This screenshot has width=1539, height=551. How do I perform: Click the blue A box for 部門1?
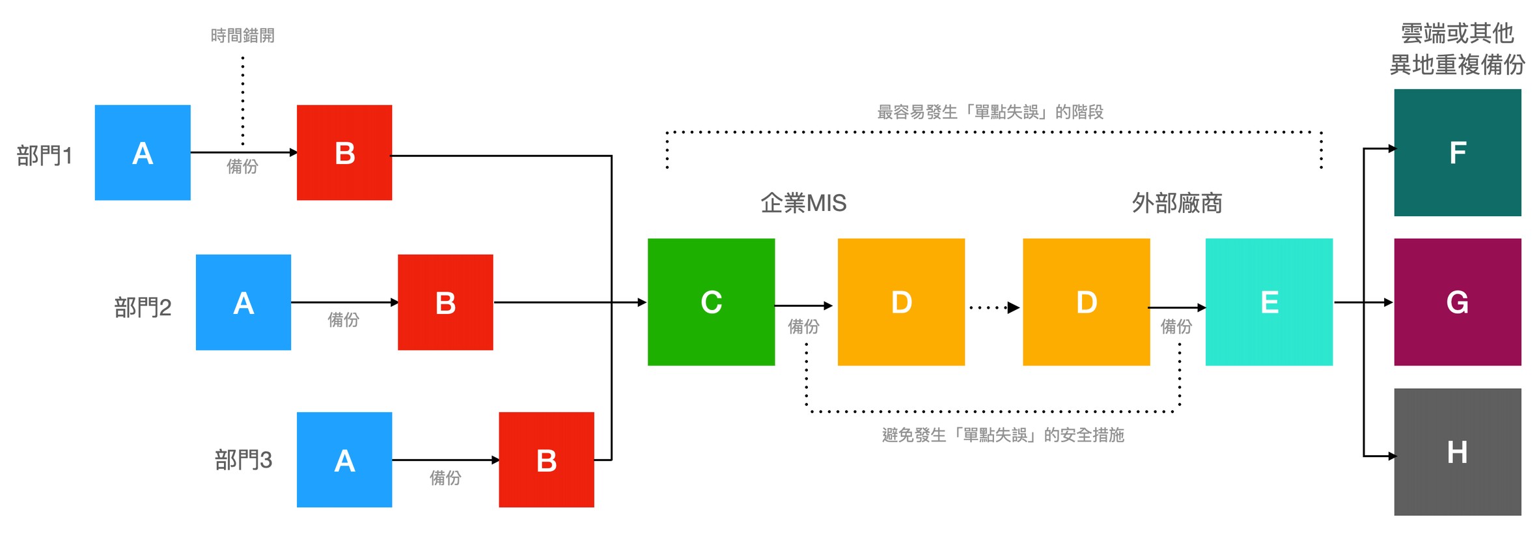pos(143,152)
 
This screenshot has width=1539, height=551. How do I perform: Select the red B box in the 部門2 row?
pos(445,302)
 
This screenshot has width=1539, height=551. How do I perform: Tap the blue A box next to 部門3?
pos(344,460)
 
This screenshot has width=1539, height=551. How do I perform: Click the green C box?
pos(711,302)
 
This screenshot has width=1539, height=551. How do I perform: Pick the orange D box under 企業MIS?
pos(901,302)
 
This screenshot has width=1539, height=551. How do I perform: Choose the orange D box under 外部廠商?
pos(1086,302)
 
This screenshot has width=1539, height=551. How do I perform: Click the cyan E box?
pos(1269,302)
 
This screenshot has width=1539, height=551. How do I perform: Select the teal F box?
pos(1457,152)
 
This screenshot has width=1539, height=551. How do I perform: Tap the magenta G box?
pos(1457,302)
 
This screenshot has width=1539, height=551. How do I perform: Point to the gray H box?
pos(1457,452)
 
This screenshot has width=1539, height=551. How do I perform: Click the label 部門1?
pos(44,156)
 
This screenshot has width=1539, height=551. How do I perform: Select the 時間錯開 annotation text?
pos(242,35)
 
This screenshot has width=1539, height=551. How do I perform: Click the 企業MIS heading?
pos(803,203)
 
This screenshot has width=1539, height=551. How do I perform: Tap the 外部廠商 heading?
pos(1176,203)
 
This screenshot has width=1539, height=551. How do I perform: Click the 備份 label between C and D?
pos(803,326)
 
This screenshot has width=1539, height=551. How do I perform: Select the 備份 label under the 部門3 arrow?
pos(445,478)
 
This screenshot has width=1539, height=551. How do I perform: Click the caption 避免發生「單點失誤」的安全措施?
pos(1003,434)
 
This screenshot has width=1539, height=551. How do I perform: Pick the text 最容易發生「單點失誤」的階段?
pos(990,112)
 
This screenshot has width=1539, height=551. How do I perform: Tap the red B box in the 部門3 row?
pos(546,460)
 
